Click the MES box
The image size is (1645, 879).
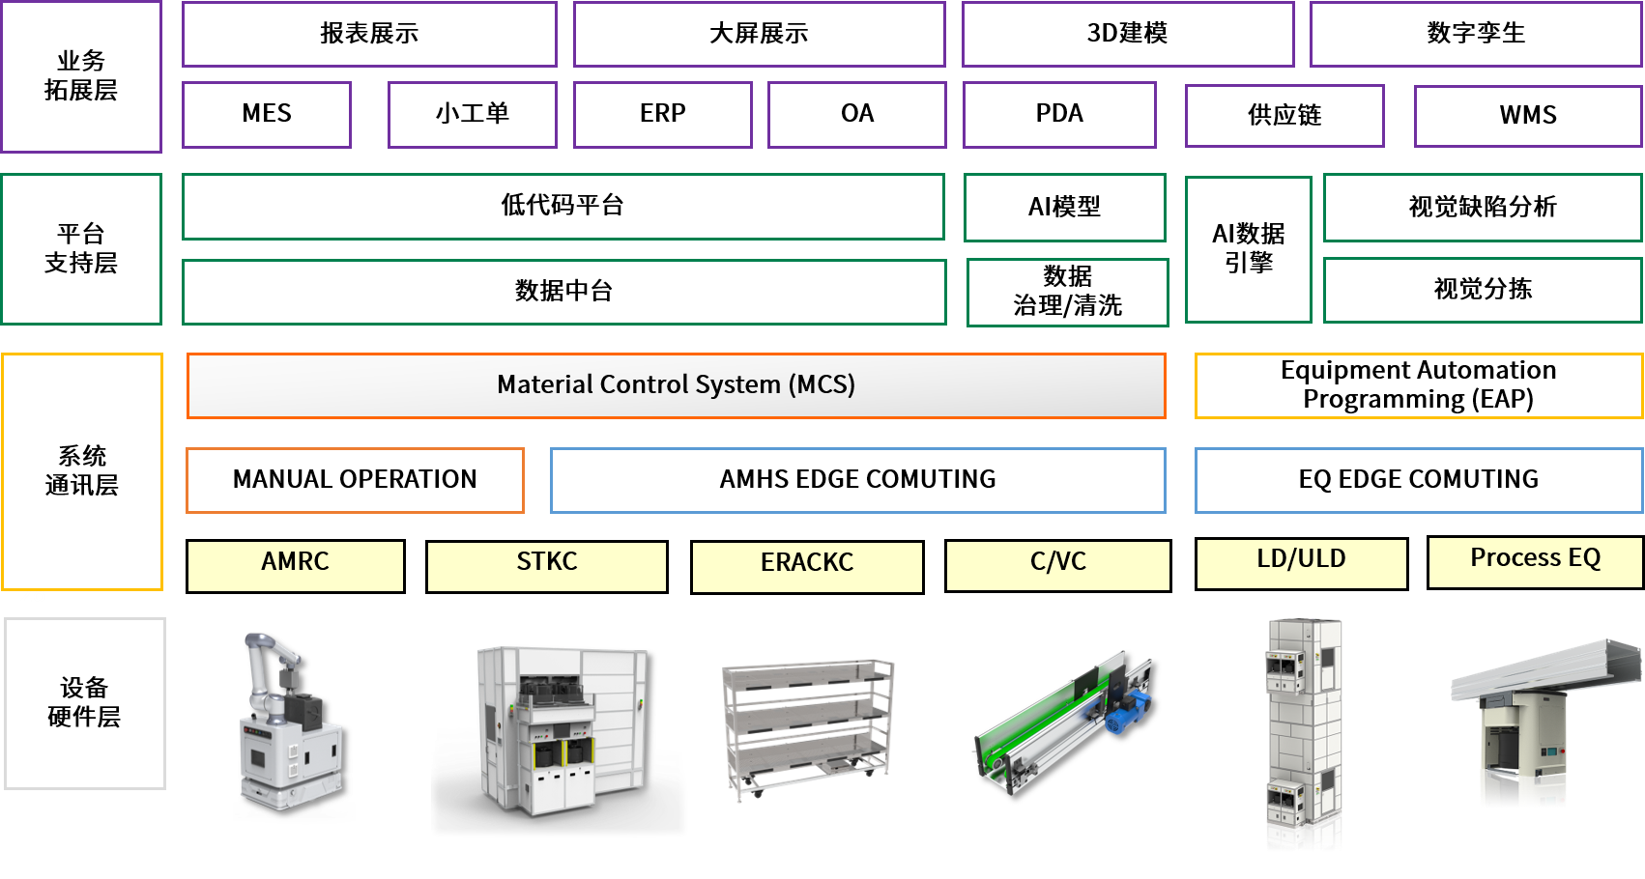coord(266,114)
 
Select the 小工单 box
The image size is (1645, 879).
coord(472,114)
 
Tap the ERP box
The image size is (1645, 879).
coord(662,114)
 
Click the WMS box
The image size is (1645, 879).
coord(1527,116)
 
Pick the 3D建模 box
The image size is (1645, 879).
coord(1127,34)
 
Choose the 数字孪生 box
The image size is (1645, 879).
coord(1475,34)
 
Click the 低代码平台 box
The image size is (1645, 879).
coord(563,206)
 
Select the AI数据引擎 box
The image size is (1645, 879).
coord(1248,248)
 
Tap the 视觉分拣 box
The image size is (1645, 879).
coord(1482,290)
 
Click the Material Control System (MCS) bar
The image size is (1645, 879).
coord(676,385)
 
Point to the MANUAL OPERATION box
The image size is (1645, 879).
coord(355,480)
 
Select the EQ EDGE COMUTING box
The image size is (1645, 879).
coord(1418,480)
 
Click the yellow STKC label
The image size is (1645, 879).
coord(546,564)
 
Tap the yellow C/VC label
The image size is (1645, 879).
coord(1057,564)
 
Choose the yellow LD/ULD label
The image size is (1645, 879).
coord(1301,562)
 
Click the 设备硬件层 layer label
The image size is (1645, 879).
coord(84,703)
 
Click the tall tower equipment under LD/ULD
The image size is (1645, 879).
coord(1304,734)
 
